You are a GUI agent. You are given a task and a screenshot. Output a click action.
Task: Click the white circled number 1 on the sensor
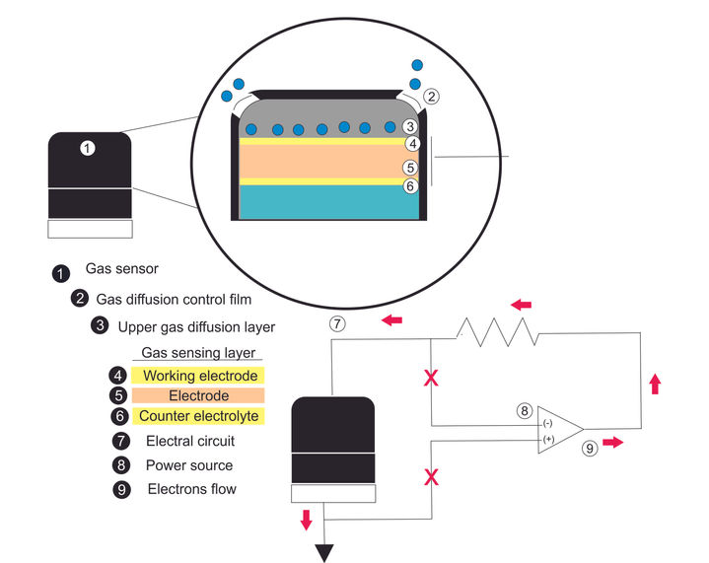pos(87,148)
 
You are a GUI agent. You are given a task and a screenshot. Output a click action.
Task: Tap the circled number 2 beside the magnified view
pos(431,97)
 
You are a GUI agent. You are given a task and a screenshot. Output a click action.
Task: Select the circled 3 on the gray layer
pos(410,126)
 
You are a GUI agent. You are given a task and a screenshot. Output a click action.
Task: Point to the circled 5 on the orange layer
pos(410,168)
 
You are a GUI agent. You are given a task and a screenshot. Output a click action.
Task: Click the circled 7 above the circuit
pos(337,323)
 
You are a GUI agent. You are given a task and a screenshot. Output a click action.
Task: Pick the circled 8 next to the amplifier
pos(525,410)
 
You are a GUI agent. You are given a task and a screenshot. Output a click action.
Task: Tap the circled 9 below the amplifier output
pos(590,449)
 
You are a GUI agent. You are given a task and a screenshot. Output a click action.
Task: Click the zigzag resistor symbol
pos(497,332)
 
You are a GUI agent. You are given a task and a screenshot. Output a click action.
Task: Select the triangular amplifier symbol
pos(561,430)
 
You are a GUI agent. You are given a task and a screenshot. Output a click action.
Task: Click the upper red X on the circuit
pos(431,378)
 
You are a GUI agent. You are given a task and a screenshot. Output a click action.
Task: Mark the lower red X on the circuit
pos(431,476)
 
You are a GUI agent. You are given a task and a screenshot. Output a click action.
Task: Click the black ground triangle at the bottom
pos(324,552)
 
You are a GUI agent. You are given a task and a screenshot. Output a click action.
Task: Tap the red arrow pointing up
pos(655,384)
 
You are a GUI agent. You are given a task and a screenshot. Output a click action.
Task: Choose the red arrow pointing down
pos(306,520)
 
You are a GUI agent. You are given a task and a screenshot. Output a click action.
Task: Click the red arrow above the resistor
pos(521,305)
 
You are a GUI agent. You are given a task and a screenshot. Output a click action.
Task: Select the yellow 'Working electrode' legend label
pos(198,376)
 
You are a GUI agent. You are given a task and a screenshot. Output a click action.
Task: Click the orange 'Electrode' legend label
pos(198,395)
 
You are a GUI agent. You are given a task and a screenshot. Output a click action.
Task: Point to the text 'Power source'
pos(189,465)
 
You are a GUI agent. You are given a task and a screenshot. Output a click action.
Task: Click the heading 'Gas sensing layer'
pos(198,353)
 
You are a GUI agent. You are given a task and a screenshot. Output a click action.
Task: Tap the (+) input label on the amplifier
pos(548,439)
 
